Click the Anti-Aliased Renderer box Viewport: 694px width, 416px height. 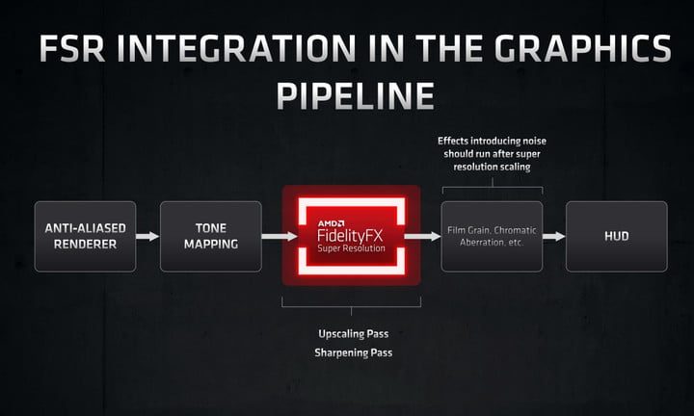(82, 236)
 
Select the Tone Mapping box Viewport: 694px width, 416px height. (210, 236)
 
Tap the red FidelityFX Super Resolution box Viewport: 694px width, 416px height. (351, 236)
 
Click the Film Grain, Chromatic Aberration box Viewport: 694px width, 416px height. (492, 236)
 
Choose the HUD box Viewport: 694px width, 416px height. (616, 236)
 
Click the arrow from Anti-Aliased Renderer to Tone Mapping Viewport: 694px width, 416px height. (147, 236)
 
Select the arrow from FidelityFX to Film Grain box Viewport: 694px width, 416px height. (417, 236)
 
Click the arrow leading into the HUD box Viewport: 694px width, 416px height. (553, 236)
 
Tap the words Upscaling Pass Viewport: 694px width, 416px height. (352, 334)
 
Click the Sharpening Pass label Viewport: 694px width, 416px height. (352, 353)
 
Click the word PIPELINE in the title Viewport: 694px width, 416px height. (348, 94)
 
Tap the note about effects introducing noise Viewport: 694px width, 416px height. (492, 152)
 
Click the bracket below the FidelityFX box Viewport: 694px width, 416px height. (351, 306)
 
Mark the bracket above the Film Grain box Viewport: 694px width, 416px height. (492, 181)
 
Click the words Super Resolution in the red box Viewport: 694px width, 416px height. (351, 249)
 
